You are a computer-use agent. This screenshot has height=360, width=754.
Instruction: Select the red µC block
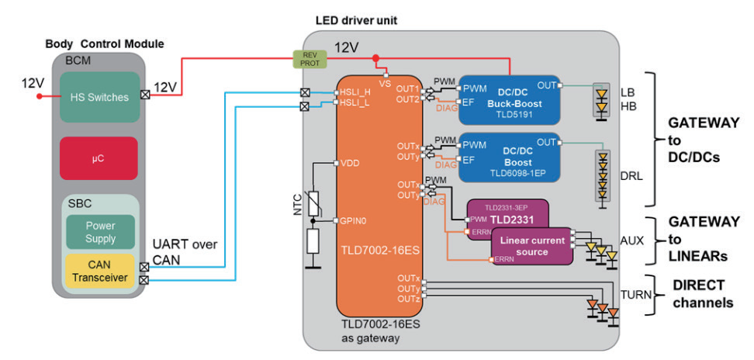click(99, 158)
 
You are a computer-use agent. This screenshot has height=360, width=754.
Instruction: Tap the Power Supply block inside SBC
click(101, 230)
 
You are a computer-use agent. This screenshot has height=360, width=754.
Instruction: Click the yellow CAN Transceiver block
click(99, 271)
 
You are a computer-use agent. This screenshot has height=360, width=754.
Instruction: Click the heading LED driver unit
click(357, 19)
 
